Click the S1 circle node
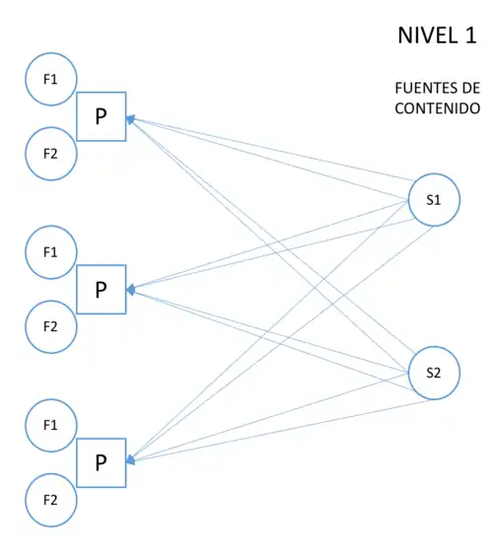pyautogui.click(x=434, y=200)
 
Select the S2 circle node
pyautogui.click(x=434, y=373)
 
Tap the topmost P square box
pyautogui.click(x=101, y=116)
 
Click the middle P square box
pyautogui.click(x=101, y=290)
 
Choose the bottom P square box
pyautogui.click(x=101, y=462)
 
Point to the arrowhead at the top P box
pyautogui.click(x=130, y=119)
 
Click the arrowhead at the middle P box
pyautogui.click(x=130, y=291)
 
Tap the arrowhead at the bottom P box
pyautogui.click(x=130, y=460)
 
